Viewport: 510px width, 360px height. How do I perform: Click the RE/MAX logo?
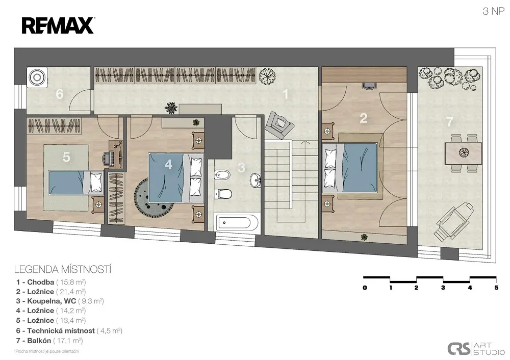[58, 25]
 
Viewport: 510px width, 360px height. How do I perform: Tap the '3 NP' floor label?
[493, 11]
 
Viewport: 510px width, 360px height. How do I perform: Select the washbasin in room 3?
[256, 179]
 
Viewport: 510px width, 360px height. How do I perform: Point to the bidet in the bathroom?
[222, 175]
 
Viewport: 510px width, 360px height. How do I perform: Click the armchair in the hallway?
[279, 124]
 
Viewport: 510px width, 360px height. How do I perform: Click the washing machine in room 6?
[37, 78]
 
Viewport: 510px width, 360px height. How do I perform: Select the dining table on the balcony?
[463, 152]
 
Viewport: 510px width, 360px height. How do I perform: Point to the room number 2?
[363, 118]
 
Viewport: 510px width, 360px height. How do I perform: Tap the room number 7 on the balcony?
[449, 122]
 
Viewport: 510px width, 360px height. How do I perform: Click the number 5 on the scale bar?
[496, 288]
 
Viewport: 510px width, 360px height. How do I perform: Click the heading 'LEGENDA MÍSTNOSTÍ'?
[63, 270]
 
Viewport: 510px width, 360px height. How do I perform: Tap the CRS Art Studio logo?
[476, 349]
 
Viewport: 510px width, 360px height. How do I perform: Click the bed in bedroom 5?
[76, 183]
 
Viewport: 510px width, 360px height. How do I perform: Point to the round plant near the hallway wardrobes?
[267, 75]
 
